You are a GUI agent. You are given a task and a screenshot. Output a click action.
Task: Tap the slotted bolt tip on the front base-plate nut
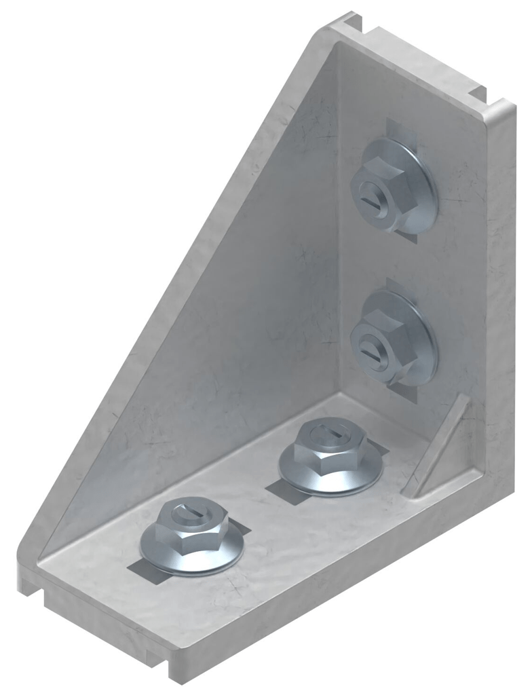pyautogui.click(x=187, y=514)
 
